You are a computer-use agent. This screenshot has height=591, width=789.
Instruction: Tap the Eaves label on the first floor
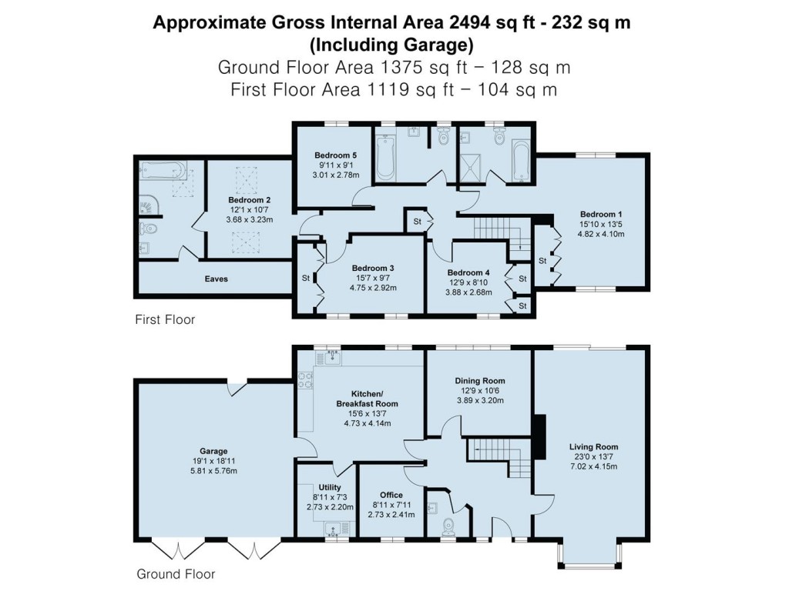(216, 279)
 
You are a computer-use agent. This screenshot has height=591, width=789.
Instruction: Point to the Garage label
(214, 451)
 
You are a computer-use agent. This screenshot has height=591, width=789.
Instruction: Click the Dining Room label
(479, 380)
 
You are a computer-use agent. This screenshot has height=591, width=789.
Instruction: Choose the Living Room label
(593, 446)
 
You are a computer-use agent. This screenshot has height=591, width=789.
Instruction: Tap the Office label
(391, 495)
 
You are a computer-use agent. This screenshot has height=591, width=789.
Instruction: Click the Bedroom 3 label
(373, 268)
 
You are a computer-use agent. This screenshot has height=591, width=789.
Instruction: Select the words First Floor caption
(165, 319)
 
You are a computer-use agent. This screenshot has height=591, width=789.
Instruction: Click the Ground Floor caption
(176, 574)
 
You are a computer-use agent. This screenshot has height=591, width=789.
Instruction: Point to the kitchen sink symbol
(334, 356)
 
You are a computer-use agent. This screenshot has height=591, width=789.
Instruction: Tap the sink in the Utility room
(334, 528)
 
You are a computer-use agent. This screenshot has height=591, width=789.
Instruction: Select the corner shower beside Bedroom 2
(146, 205)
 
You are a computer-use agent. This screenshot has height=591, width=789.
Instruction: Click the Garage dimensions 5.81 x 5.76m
(214, 470)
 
